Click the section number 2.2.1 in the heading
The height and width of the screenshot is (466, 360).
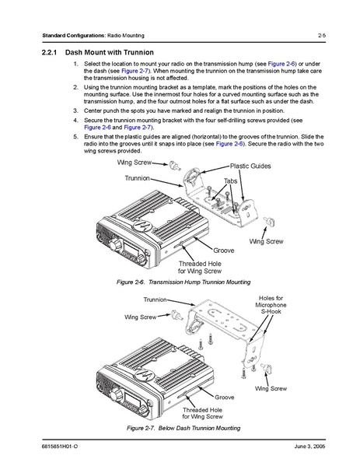49,53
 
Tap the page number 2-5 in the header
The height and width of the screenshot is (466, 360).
322,35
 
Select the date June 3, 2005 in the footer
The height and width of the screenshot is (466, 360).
309,447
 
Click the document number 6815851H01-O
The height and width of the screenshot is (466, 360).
60,447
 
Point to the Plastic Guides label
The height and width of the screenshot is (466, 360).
250,166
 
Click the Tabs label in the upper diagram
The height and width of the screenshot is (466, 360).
230,181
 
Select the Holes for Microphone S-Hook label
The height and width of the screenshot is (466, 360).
271,305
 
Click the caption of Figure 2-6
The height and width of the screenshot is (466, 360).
183,282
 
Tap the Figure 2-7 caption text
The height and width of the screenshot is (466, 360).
183,428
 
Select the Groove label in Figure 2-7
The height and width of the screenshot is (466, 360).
224,398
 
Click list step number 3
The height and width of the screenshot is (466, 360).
75,110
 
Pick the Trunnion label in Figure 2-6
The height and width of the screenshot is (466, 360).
137,178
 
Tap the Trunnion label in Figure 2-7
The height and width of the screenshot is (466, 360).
155,300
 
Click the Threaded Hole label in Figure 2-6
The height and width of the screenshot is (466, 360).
200,267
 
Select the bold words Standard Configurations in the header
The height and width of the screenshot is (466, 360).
73,35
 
